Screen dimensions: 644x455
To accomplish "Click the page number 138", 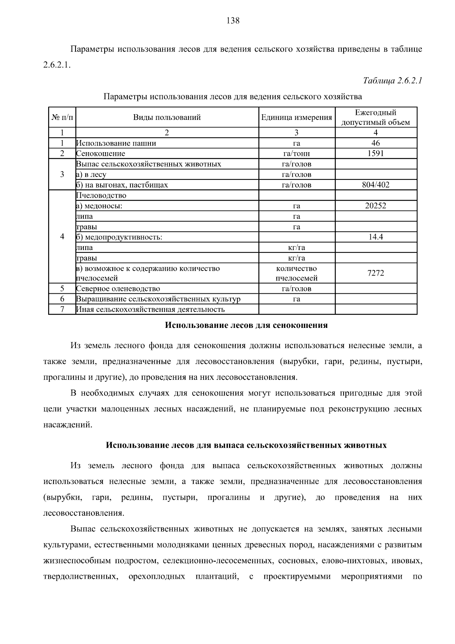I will coord(233,20).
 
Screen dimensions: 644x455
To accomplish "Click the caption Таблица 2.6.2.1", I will coord(392,80).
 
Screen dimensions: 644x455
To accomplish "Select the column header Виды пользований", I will coord(167,117).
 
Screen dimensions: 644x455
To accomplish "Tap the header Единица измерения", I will coord(297,117).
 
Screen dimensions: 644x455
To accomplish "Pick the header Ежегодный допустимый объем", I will coord(375,117).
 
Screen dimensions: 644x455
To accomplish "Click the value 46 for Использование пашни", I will coord(375,143).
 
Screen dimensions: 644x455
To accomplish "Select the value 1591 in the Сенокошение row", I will coord(375,153).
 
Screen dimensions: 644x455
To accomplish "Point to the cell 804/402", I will coord(375,185).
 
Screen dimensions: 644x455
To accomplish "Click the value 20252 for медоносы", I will coord(375,206).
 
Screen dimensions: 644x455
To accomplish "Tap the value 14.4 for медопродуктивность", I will coord(375,237).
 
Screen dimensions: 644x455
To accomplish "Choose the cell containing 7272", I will coord(375,273).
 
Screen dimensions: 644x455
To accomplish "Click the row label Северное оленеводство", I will coord(118,288).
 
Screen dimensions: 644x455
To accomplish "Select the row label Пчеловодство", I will coord(101,195).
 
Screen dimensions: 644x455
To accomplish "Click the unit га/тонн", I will coord(297,153).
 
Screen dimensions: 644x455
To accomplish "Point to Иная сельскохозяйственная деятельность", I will coord(151,309).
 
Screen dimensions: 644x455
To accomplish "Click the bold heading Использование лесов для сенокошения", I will coord(246,325).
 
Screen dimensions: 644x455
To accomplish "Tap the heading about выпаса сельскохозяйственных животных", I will coord(246,445).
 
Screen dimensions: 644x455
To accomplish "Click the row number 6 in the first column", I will coord(62,299).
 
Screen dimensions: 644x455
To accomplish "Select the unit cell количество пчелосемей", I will coord(297,273).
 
